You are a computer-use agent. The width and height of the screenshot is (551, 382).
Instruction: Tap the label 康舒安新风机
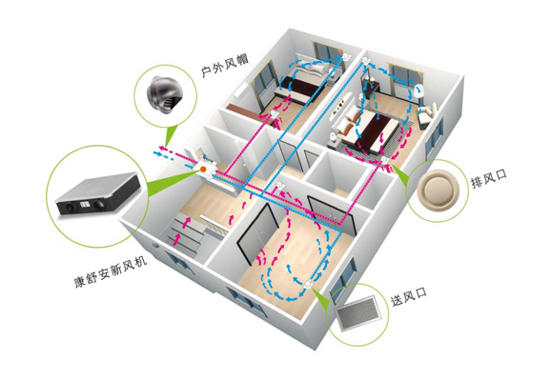tap(110, 271)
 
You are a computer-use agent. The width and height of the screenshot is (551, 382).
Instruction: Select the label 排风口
tap(489, 178)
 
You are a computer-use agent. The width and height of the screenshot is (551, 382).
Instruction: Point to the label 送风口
tap(409, 296)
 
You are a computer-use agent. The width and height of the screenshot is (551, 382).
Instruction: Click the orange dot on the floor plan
tap(203, 170)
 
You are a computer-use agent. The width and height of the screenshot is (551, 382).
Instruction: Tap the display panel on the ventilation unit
tap(84, 204)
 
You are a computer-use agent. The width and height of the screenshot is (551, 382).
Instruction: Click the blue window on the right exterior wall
tap(435, 137)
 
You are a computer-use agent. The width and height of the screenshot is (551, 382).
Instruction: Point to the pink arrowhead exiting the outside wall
tap(161, 148)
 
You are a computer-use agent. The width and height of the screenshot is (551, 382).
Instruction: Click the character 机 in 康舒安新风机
tap(140, 261)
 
